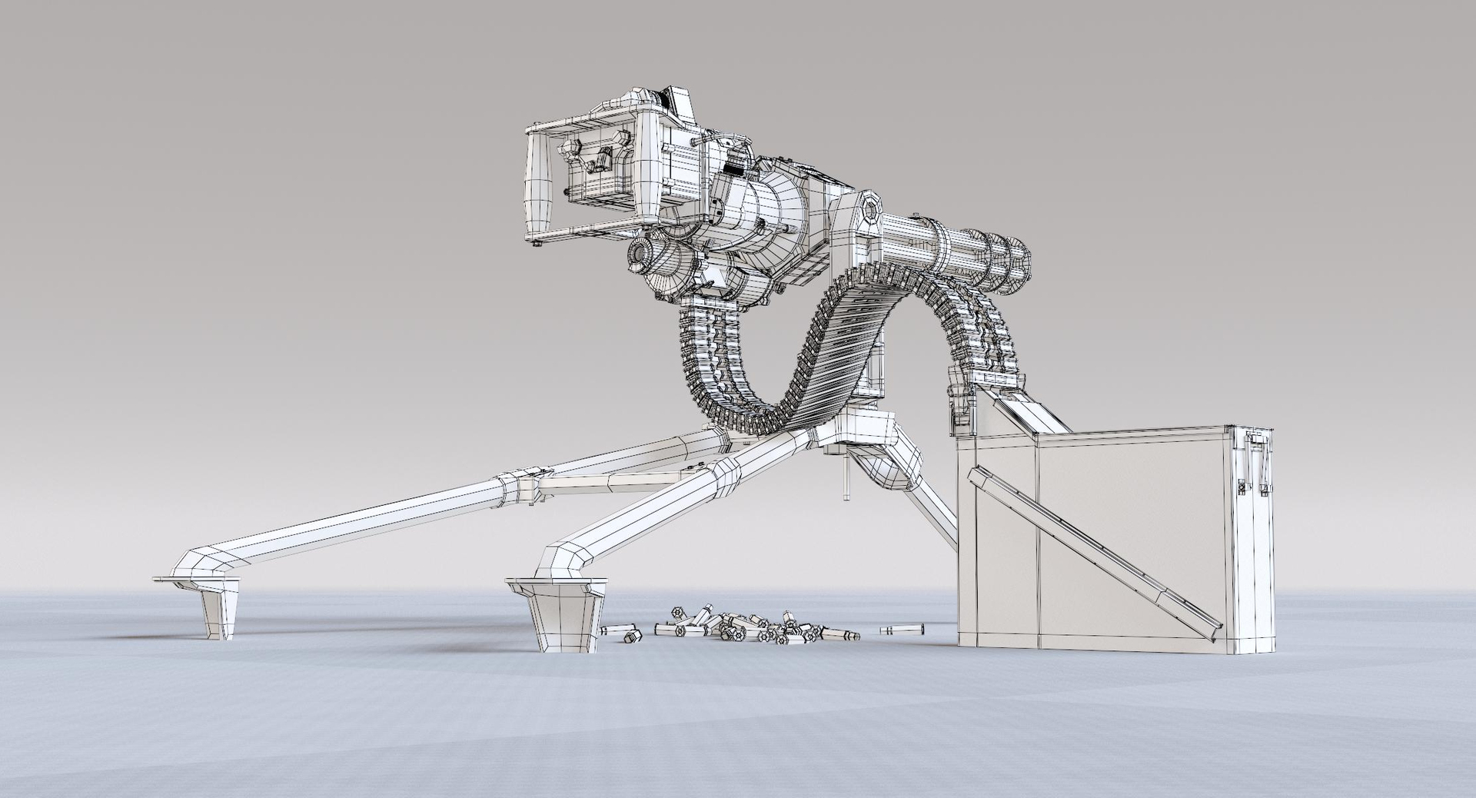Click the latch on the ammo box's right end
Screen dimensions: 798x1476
coord(1256,461)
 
